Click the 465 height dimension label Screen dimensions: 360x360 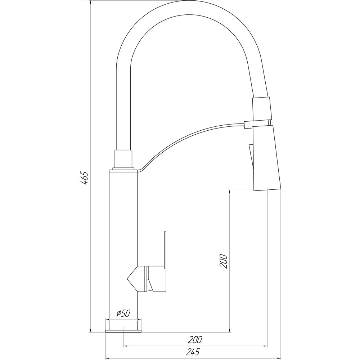[84, 178]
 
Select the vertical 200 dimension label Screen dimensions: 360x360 [223, 261]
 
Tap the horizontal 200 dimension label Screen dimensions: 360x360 [195, 339]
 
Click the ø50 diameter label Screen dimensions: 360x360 [123, 313]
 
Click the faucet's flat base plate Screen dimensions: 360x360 [123, 331]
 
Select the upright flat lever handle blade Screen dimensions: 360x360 [165, 249]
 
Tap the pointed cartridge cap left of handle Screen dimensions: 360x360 [132, 279]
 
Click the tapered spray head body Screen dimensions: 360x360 [266, 158]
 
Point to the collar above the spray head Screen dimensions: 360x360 [262, 109]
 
